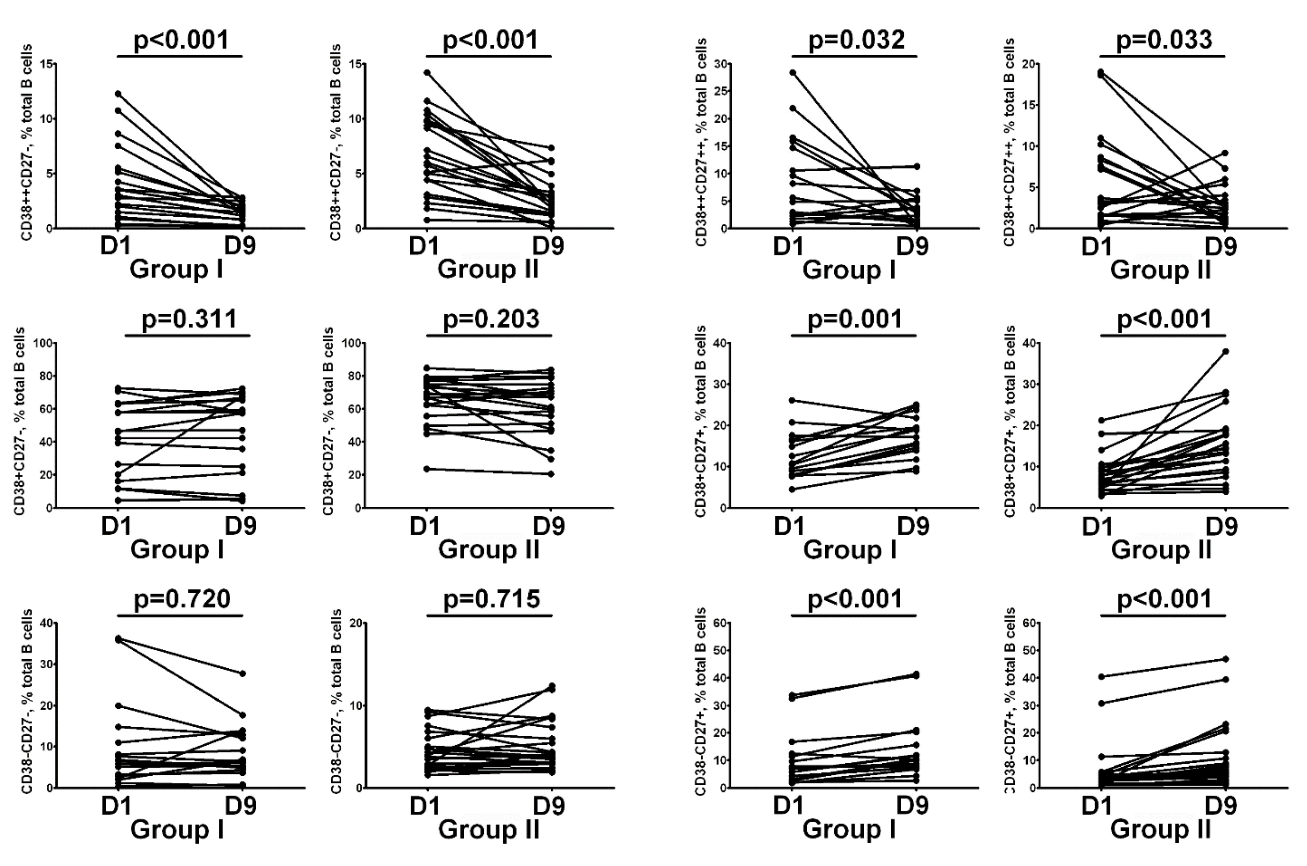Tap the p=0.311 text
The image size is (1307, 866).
[x=189, y=319]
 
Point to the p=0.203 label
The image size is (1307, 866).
[x=491, y=319]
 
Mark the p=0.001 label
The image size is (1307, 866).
[x=855, y=319]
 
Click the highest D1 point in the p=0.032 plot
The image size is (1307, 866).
[x=793, y=72]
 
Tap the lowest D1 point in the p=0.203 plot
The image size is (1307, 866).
[x=427, y=469]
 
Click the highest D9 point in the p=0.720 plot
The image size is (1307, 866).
[x=242, y=673]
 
